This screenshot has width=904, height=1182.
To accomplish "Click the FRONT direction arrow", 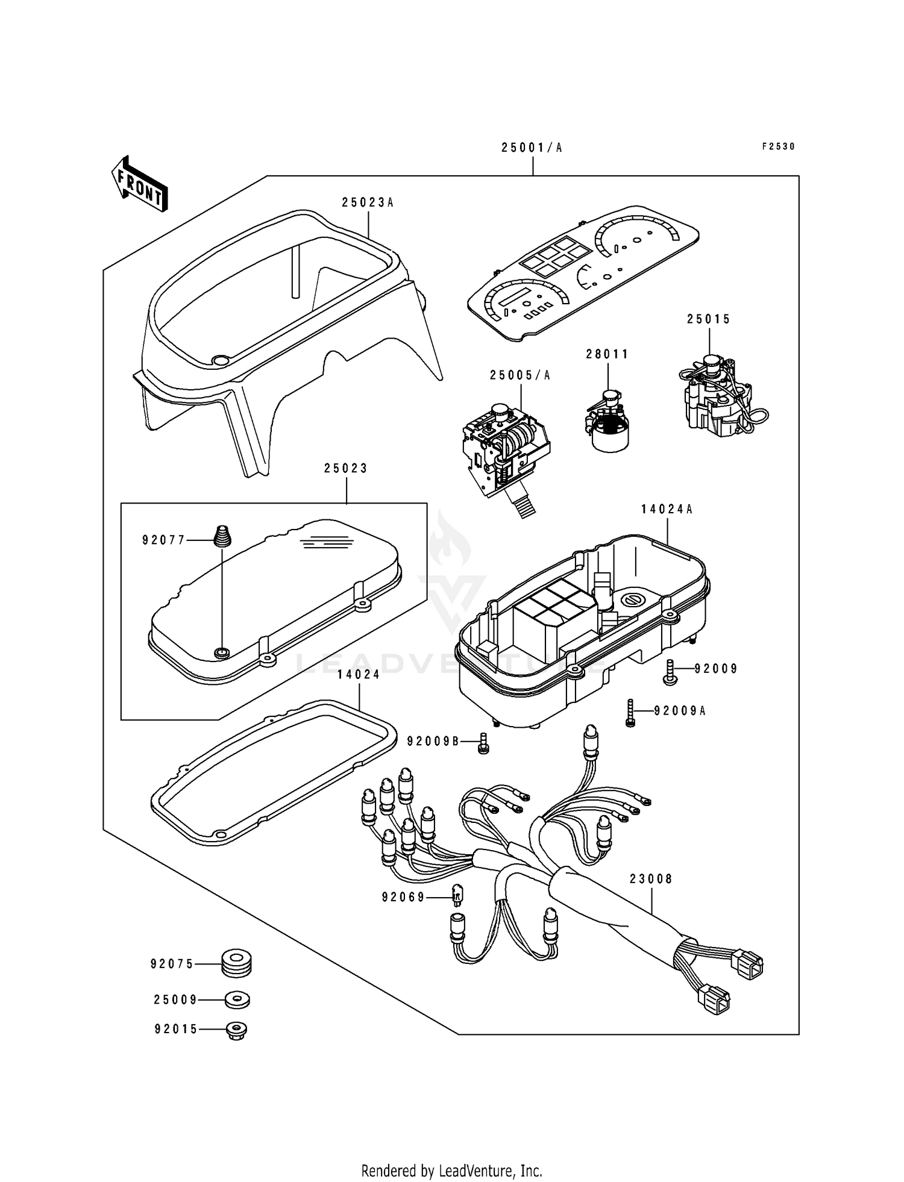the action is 139,184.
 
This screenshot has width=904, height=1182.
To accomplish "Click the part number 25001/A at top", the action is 532,148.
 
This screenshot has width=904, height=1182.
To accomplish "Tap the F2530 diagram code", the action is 779,146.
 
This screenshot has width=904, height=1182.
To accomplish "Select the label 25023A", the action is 368,202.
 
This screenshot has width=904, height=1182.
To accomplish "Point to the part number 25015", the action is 709,319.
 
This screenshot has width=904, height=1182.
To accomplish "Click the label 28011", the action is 607,354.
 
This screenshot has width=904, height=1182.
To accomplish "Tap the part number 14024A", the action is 667,509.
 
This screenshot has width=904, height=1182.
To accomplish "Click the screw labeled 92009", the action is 670,672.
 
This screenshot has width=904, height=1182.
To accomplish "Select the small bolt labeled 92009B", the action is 483,742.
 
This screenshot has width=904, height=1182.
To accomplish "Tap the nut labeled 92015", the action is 237,1030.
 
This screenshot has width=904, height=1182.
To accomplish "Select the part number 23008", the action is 651,879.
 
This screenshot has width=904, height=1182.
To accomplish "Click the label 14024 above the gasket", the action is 359,675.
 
